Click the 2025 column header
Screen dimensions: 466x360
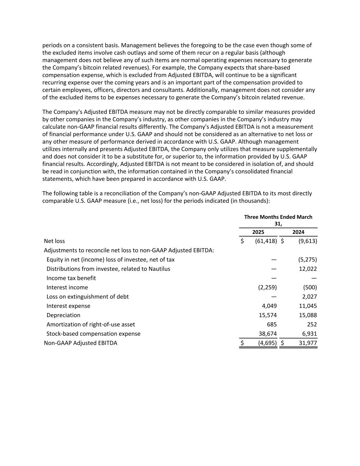[258, 232]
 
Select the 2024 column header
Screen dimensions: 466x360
[298, 232]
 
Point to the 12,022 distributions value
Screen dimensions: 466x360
[307, 269]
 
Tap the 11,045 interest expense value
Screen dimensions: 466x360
[307, 306]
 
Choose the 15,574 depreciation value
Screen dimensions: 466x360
[268, 315]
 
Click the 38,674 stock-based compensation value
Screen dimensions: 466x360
[268, 334]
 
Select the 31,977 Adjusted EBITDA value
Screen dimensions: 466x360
[308, 343]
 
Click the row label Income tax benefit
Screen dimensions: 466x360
[71, 278]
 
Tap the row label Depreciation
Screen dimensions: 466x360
[63, 315]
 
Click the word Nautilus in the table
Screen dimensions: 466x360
[159, 269]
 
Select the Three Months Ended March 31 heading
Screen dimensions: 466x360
[278, 220]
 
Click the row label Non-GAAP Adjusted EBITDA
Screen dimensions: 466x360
[81, 343]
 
